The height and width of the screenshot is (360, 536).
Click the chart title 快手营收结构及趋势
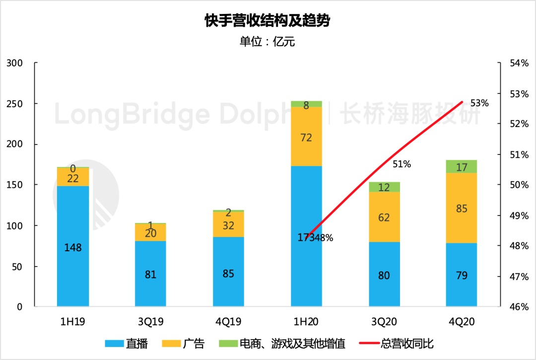click(x=268, y=21)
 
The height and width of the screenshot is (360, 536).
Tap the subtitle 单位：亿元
click(x=268, y=42)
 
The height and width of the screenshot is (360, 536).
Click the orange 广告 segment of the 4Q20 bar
click(x=462, y=208)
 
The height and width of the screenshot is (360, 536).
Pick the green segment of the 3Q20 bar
click(x=384, y=187)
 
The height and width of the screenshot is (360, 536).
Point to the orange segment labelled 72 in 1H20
click(x=306, y=137)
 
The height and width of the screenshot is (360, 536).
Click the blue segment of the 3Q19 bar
click(x=151, y=274)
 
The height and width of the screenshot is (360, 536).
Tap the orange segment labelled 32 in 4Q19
click(x=228, y=224)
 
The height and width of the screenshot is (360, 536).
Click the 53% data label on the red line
click(x=479, y=103)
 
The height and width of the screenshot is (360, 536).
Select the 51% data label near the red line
click(x=402, y=164)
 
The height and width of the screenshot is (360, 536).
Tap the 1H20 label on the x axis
click(x=306, y=322)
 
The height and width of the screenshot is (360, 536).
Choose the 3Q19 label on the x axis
click(x=151, y=322)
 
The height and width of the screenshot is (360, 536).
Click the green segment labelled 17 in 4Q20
click(x=462, y=167)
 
